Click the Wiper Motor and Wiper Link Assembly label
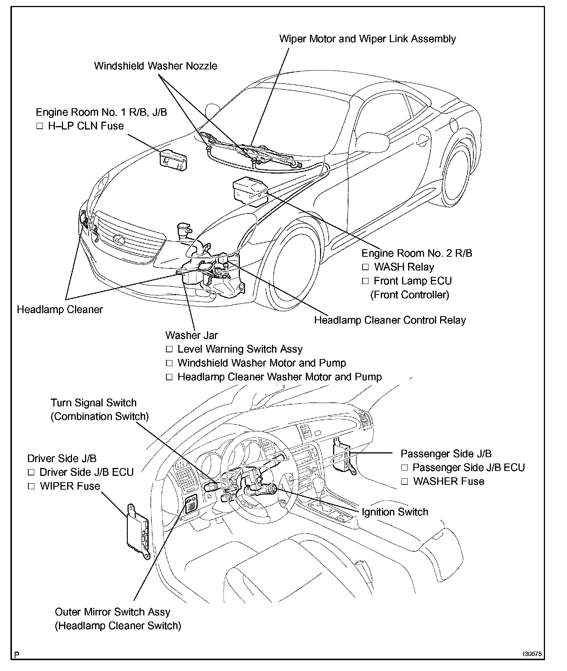367,39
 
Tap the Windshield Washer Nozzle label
156,66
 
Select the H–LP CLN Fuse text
86,126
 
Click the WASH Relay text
404,267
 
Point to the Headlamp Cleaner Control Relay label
390,320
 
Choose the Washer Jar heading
191,335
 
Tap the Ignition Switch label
395,512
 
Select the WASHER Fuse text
448,481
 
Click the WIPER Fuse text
70,486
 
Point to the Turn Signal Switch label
94,403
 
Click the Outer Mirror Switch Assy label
112,612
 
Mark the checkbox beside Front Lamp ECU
365,281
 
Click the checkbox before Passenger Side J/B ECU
404,468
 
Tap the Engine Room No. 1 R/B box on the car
173,159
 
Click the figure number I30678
532,655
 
